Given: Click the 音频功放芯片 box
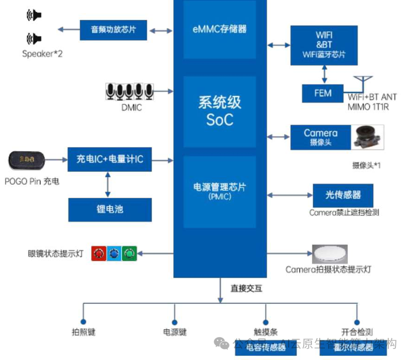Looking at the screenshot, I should point(113,30).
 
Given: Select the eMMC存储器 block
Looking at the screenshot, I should point(220,30).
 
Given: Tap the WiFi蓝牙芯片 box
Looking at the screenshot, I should point(324,45).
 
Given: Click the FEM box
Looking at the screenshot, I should point(323,93).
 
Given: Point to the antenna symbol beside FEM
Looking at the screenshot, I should point(363,85).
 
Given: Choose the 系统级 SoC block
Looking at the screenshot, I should point(220,111).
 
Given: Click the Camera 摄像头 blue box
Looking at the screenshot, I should point(320,137).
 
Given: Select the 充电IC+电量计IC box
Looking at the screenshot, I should point(110,160).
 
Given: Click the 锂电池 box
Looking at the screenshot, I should point(110,210).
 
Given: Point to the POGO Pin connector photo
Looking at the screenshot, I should point(28,161).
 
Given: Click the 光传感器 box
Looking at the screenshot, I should point(343,195).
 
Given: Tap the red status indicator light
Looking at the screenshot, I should point(99,254).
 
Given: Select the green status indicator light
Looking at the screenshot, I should point(129,254).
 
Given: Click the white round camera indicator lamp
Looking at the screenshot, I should point(330,254).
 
